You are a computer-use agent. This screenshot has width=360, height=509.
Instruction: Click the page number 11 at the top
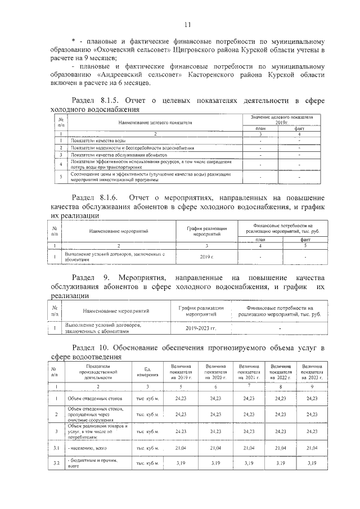click(187, 24)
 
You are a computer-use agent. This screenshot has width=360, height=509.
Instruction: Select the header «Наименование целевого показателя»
click(155, 122)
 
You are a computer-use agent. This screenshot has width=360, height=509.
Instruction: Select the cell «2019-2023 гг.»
click(201, 327)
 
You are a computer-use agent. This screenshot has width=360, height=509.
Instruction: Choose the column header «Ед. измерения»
click(146, 372)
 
